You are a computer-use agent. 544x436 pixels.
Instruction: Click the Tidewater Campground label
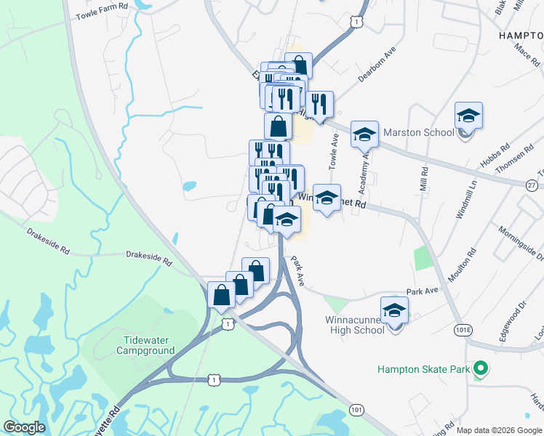145,345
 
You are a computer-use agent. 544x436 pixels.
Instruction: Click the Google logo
24,427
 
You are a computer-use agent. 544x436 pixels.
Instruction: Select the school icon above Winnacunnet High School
394,310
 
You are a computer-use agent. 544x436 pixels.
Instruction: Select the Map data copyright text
498,430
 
